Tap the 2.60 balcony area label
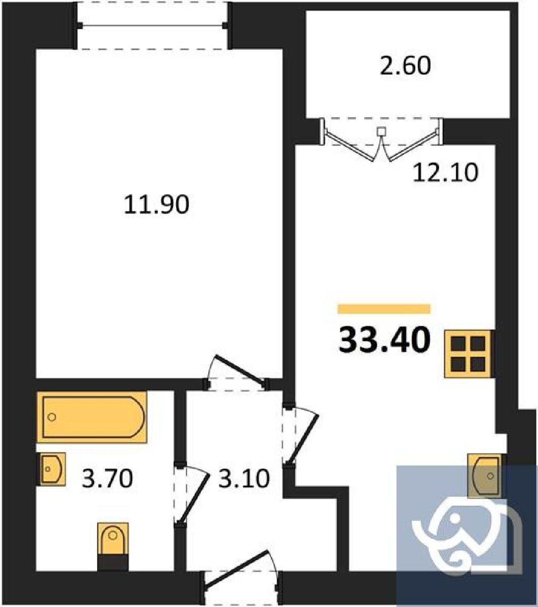click(x=405, y=65)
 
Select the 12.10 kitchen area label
click(x=445, y=173)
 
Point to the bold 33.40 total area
click(x=384, y=340)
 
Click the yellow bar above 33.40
click(x=384, y=309)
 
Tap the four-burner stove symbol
click(x=469, y=354)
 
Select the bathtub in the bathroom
click(x=92, y=417)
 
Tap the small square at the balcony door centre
click(x=381, y=131)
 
